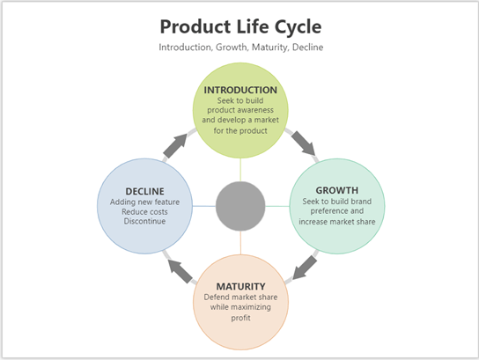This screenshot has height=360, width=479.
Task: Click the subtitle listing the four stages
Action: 239,47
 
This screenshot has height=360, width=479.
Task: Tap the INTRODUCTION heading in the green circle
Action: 240,90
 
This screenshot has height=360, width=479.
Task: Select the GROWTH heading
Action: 336,189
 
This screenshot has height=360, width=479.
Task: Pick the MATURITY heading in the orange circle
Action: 240,287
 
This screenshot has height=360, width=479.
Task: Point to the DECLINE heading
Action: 145,189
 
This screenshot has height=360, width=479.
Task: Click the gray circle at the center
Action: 240,206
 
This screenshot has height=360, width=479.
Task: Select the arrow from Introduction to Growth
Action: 305,140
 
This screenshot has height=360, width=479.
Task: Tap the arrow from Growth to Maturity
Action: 305,267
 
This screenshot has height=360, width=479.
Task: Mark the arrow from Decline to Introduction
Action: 176,144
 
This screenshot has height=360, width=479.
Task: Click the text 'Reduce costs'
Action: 145,211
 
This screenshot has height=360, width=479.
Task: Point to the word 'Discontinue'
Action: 145,222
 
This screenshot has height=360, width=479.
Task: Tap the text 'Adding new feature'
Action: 145,201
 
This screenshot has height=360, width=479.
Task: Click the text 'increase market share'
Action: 336,222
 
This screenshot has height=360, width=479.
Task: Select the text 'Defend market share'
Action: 240,298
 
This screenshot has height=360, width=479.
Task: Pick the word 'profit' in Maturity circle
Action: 240,318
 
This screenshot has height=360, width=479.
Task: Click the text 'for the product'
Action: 240,132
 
